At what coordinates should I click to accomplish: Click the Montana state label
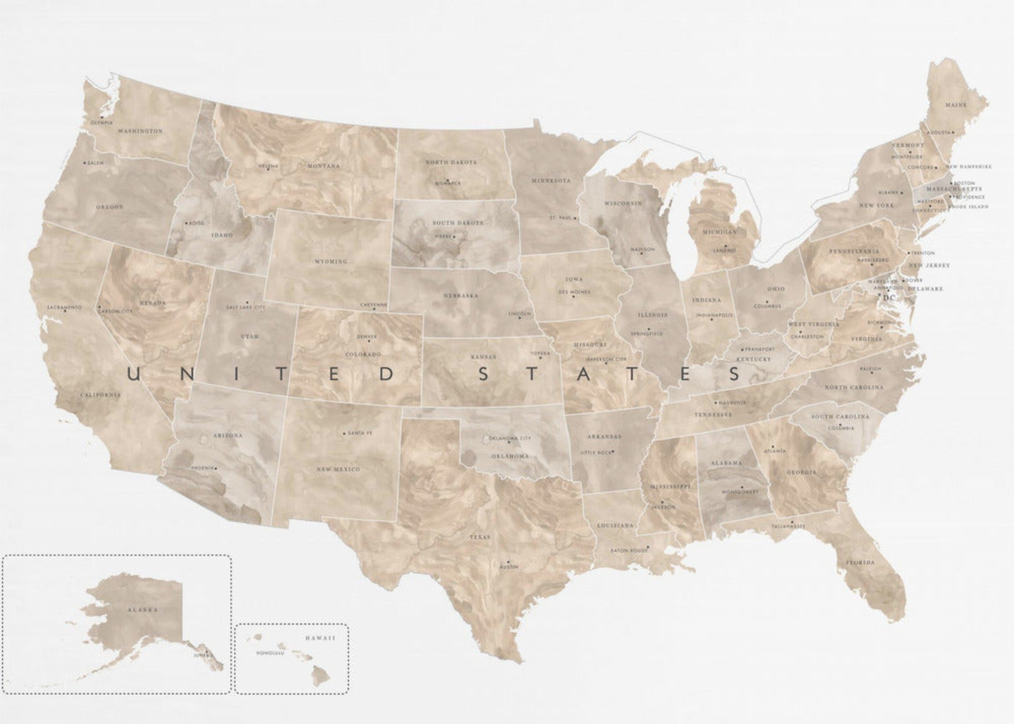coord(323,166)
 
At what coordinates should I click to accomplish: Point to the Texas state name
coord(480,537)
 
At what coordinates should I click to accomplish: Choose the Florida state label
coord(861,563)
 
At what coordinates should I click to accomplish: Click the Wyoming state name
coord(331,262)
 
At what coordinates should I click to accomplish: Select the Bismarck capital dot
coord(447,180)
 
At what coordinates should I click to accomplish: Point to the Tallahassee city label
coord(789,526)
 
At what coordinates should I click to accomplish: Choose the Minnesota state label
coord(551,181)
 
